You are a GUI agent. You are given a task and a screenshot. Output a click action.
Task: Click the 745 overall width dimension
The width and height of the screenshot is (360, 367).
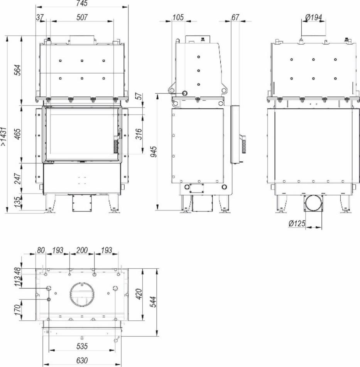click(x=82, y=3)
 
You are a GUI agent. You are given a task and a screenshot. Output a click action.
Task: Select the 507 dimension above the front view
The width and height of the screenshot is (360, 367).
click(x=82, y=17)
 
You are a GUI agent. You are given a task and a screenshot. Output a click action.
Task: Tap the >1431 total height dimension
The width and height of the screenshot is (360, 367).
click(x=4, y=137)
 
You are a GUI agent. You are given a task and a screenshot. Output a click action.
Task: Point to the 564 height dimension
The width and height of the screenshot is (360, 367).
click(x=18, y=70)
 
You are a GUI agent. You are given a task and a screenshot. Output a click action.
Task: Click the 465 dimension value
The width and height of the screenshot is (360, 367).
click(x=18, y=134)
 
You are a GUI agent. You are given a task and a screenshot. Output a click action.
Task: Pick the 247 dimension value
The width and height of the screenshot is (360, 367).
click(x=18, y=178)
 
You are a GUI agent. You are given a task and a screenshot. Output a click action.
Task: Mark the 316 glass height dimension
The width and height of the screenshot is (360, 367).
click(x=139, y=134)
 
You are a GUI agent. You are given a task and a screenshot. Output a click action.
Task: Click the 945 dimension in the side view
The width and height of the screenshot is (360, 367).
click(x=154, y=152)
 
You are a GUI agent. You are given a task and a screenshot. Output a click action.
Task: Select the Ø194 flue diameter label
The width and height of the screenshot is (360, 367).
click(x=314, y=17)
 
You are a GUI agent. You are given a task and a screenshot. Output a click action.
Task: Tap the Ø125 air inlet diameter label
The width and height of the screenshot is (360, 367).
click(x=297, y=223)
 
